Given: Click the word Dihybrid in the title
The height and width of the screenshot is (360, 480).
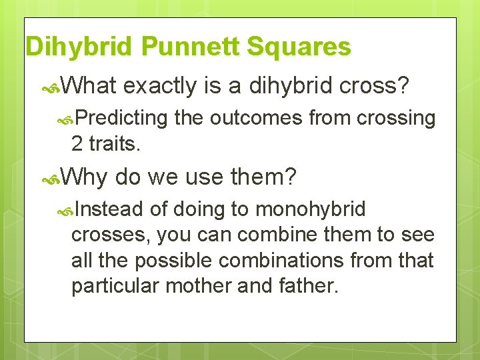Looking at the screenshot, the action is click(x=79, y=46).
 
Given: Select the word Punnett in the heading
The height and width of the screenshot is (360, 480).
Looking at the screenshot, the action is click(x=190, y=45).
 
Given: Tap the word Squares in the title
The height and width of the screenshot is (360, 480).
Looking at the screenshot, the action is click(x=299, y=46).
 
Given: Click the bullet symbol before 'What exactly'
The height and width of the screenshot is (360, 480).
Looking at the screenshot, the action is click(x=51, y=89).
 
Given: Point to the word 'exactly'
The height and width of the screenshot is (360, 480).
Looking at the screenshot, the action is click(x=159, y=86).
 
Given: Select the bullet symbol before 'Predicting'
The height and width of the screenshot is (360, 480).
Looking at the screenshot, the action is click(x=65, y=121).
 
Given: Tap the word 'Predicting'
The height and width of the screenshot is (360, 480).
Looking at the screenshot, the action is click(x=121, y=118).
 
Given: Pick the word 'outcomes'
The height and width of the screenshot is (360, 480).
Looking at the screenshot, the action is click(x=256, y=118).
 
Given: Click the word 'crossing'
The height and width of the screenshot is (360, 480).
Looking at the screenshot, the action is click(x=396, y=119).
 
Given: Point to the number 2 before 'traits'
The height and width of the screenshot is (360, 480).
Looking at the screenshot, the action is click(x=77, y=143).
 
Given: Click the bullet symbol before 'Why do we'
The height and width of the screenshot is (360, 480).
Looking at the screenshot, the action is click(x=51, y=180).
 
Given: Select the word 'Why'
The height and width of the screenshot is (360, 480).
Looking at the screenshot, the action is click(x=83, y=177).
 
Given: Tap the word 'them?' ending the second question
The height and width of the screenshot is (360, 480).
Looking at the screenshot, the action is click(x=263, y=177).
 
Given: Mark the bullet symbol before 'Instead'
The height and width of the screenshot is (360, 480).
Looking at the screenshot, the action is click(x=65, y=211).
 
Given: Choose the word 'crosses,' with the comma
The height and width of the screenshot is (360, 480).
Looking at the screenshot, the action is click(x=111, y=235).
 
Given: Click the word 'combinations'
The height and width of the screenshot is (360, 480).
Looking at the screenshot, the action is click(x=281, y=260).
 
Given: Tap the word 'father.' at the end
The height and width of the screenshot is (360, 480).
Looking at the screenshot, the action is click(x=309, y=285).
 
